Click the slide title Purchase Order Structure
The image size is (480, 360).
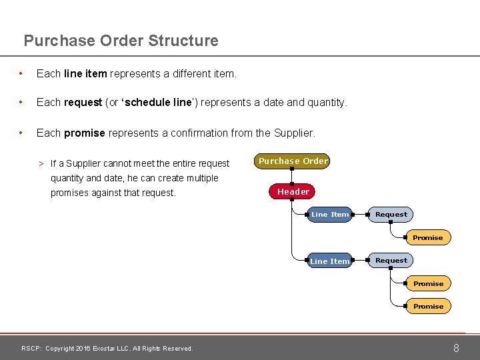(x=121, y=41)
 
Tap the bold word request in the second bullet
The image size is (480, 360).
(x=83, y=103)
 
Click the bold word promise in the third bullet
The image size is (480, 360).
(x=85, y=133)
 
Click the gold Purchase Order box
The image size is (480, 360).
(x=293, y=161)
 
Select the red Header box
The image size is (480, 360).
(x=293, y=192)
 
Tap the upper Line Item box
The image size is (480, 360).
(x=330, y=215)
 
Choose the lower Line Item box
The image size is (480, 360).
(x=330, y=261)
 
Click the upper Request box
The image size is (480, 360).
(x=391, y=215)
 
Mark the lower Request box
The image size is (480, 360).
(x=391, y=261)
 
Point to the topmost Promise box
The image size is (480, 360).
(x=428, y=238)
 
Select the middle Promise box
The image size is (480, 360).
(x=428, y=284)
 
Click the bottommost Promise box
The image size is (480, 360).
(x=428, y=307)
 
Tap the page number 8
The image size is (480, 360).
(x=456, y=348)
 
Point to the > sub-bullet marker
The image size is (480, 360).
(x=41, y=164)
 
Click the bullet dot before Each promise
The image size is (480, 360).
(x=23, y=133)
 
